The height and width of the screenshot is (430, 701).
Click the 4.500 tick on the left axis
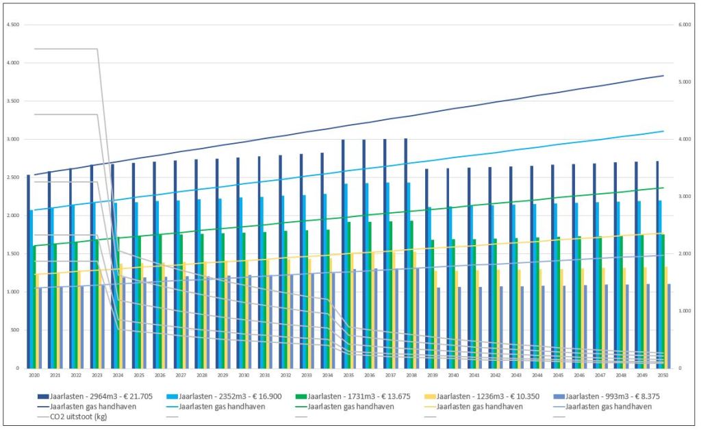[12, 25]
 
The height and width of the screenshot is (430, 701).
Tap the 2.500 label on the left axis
[12, 177]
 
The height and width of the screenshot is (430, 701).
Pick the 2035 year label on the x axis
[348, 375]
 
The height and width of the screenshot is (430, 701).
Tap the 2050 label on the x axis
[663, 375]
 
